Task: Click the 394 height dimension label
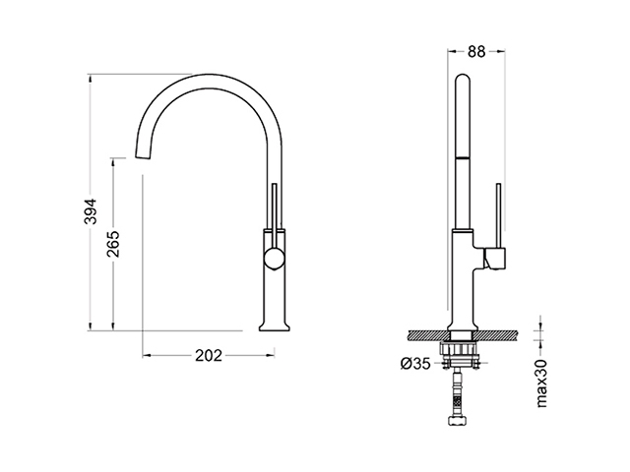pos(92,211)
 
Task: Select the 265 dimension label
pos(114,243)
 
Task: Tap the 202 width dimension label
pos(209,355)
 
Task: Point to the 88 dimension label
pos(476,51)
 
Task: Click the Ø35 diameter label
pos(415,364)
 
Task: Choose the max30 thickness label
pos(541,383)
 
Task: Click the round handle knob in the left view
pos(274,259)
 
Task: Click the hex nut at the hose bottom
pos(457,421)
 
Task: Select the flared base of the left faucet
pos(275,324)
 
